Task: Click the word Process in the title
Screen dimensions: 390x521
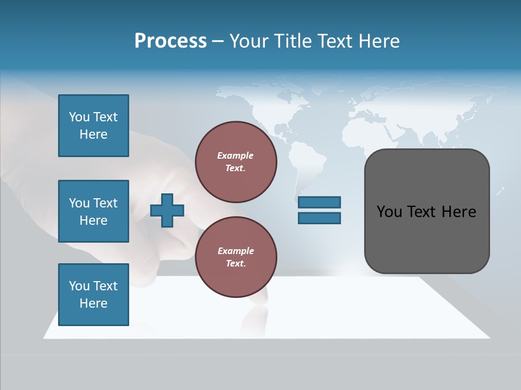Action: coord(170,41)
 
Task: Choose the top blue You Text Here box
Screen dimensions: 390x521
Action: coord(93,126)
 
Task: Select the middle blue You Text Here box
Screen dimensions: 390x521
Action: coord(93,211)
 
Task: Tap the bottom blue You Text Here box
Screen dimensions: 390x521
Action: coord(93,294)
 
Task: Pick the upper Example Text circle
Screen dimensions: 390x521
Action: coord(236,161)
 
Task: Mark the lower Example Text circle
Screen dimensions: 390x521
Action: coord(236,257)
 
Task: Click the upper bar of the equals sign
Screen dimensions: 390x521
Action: coord(319,203)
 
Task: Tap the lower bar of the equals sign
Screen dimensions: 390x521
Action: coord(319,218)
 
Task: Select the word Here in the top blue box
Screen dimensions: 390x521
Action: coord(93,134)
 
